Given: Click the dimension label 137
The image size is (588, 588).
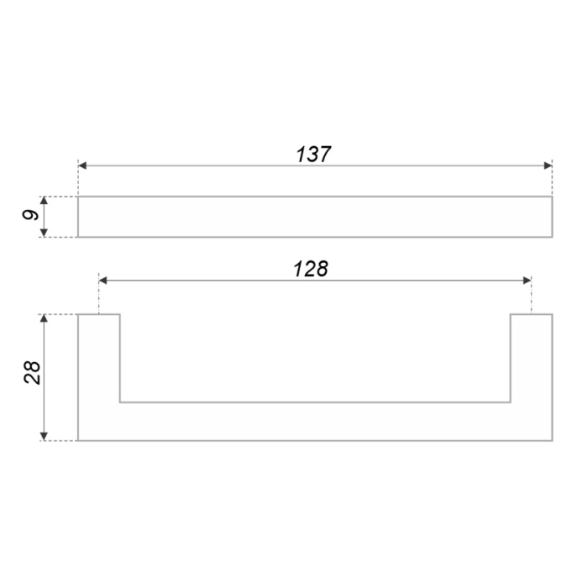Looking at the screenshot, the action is pyautogui.click(x=313, y=155).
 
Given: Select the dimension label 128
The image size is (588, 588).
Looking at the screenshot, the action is pyautogui.click(x=311, y=269).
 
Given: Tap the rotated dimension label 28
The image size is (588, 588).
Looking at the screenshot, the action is pyautogui.click(x=32, y=372).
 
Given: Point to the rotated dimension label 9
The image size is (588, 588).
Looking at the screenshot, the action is pyautogui.click(x=31, y=215).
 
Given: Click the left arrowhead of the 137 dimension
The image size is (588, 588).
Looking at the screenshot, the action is pyautogui.click(x=82, y=165).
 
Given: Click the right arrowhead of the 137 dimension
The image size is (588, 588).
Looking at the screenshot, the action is pyautogui.click(x=548, y=165).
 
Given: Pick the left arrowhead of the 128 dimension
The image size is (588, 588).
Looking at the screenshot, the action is pyautogui.click(x=103, y=280).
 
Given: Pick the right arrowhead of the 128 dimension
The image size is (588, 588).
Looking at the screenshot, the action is pyautogui.click(x=527, y=280).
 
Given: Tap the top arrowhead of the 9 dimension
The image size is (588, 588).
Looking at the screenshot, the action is pyautogui.click(x=44, y=200).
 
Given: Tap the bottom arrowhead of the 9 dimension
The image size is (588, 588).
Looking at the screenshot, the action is pyautogui.click(x=44, y=233).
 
